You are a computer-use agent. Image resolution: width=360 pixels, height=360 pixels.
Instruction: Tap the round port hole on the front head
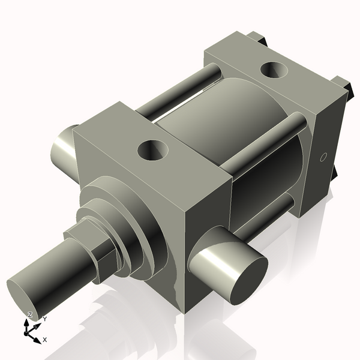coord(151,150)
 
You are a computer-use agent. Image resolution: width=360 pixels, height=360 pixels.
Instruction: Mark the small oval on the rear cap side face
coord(323,158)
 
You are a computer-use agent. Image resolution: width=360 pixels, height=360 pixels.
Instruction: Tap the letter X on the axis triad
coord(45,340)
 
